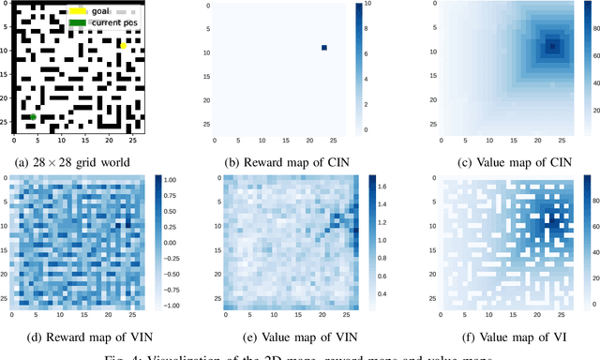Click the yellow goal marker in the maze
point(123,45)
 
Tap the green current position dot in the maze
point(33,117)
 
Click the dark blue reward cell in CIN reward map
point(324,48)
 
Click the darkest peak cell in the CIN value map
point(552,45)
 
